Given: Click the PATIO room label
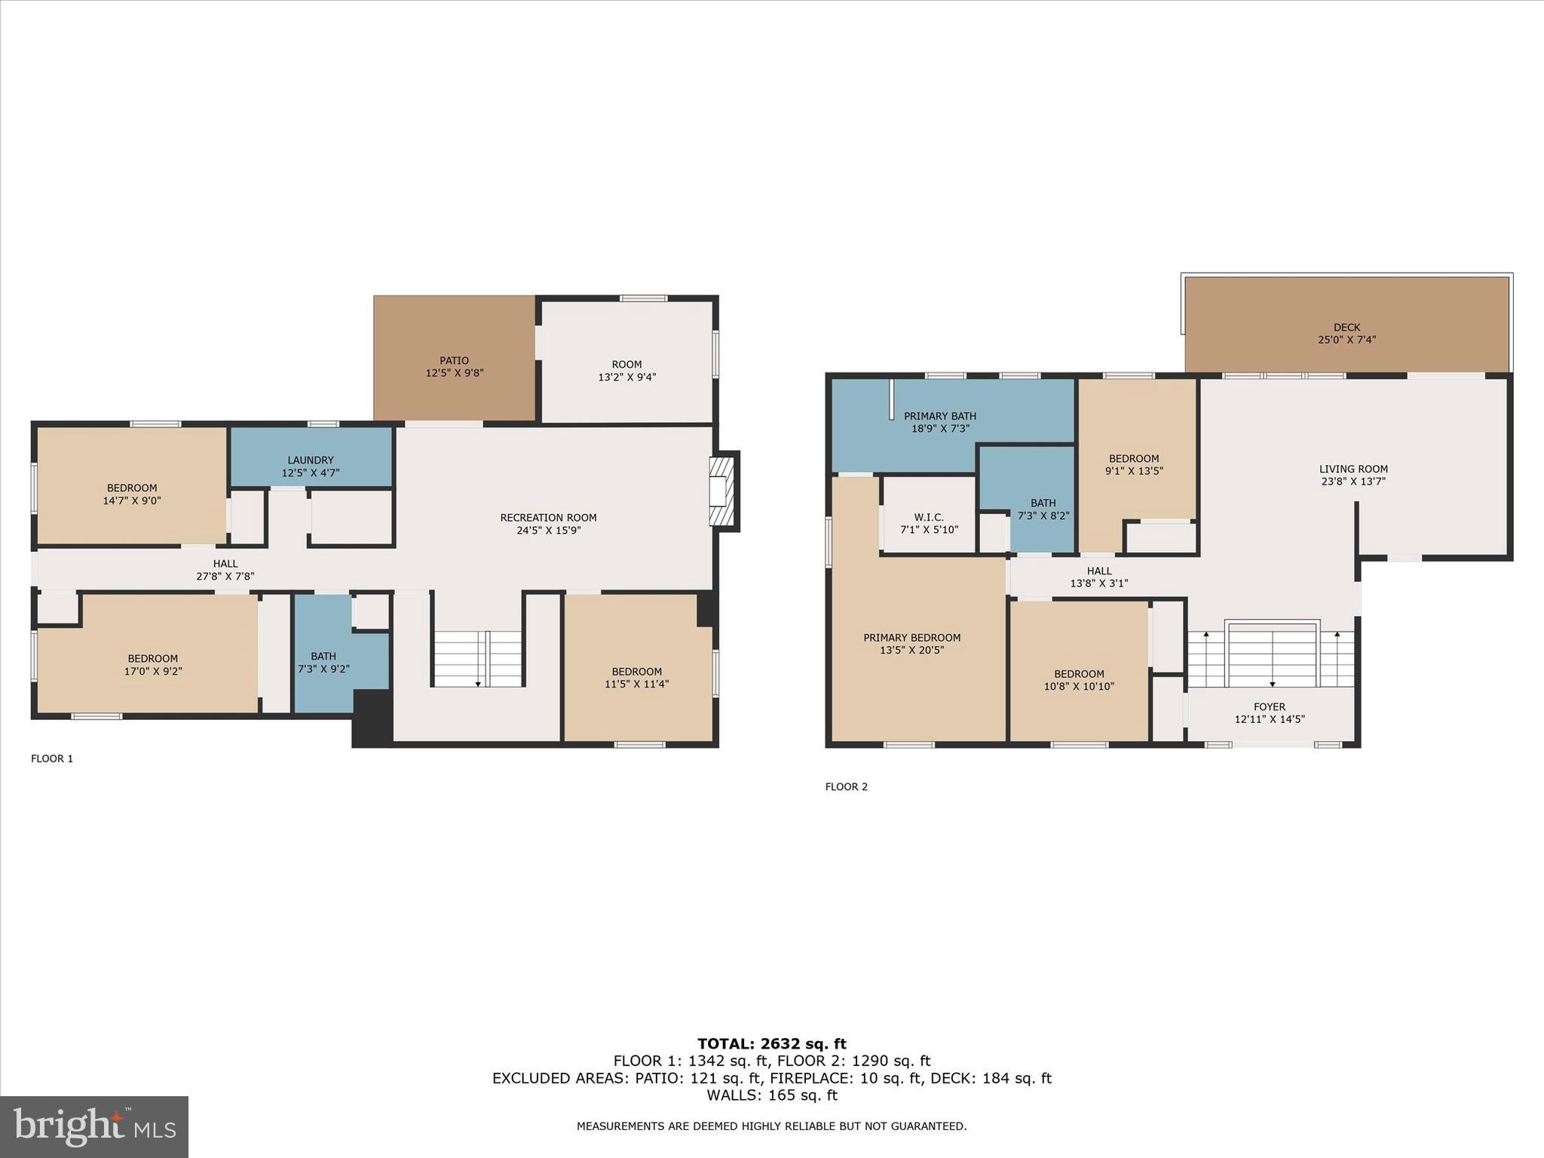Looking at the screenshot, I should coord(454,361).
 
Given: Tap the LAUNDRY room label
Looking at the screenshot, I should coord(310,460).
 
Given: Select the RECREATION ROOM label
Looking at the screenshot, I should coord(548,518).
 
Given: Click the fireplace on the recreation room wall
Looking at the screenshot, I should coord(722,491).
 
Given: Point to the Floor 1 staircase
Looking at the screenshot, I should coord(478,659).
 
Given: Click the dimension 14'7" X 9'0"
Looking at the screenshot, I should coord(132,501).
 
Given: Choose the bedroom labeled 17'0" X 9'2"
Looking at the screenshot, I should coord(153,664).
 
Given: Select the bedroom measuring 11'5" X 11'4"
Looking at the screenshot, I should coord(636,678).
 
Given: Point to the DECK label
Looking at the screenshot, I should coord(1346,327).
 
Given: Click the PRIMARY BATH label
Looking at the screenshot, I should coord(939,416).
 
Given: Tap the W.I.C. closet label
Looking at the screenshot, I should coord(929,517).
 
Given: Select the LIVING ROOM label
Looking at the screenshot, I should coord(1353,469).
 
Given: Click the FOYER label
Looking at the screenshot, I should coord(1270,707).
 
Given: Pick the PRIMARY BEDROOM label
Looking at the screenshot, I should coord(911,638).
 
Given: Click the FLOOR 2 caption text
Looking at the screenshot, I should coord(846,787).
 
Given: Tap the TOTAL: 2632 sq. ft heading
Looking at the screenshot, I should coord(771,1044).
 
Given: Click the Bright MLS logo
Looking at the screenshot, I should coord(94,1126).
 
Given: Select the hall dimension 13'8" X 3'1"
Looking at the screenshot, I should coord(1099,584).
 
